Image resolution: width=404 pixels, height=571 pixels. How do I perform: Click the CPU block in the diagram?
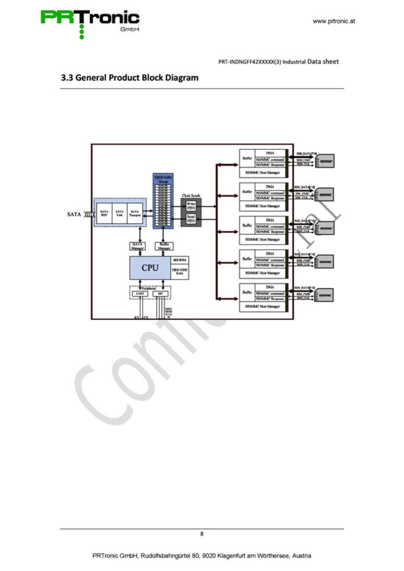(x=150, y=268)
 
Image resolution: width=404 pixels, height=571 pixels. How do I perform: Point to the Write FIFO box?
(x=191, y=206)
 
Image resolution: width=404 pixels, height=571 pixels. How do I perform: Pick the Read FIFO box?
(x=191, y=219)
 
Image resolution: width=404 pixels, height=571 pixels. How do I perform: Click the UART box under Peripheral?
(x=140, y=294)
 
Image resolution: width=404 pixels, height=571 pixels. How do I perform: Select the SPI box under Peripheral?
(x=160, y=294)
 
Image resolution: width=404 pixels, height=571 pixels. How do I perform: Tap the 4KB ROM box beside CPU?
(x=180, y=260)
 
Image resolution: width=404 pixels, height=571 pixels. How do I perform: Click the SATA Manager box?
(x=137, y=246)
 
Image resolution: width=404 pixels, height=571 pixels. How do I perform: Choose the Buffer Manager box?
(x=164, y=246)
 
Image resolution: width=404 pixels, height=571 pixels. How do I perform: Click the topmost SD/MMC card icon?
(x=325, y=161)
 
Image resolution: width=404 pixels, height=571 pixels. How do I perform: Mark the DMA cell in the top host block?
(x=270, y=153)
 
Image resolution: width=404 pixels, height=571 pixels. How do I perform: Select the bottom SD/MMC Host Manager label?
(x=263, y=306)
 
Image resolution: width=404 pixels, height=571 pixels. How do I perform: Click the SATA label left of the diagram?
(x=74, y=214)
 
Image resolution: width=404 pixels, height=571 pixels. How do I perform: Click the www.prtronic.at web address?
(x=334, y=21)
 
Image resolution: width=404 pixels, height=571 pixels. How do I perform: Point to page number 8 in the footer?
(x=202, y=534)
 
